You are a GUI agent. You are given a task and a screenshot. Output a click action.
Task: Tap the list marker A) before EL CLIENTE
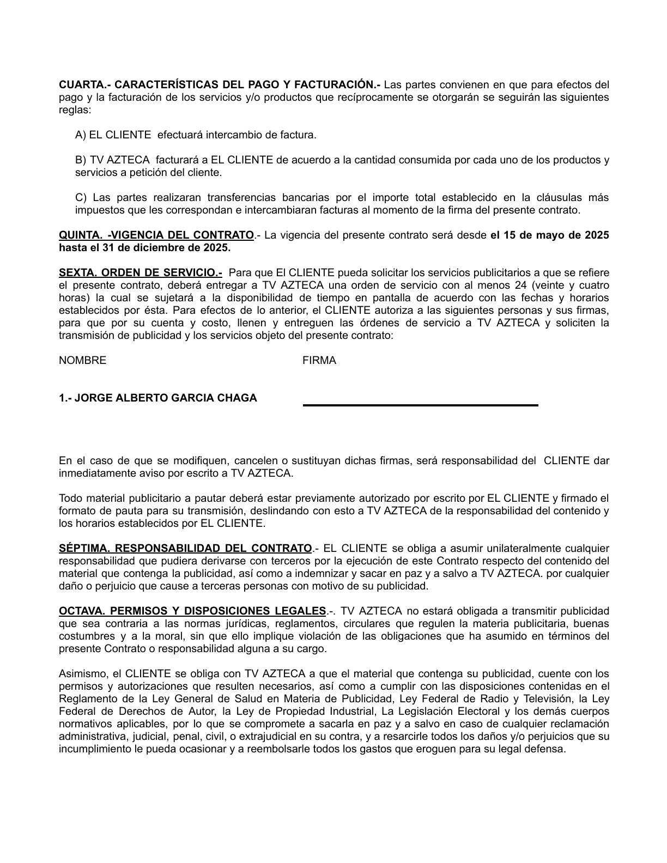81,135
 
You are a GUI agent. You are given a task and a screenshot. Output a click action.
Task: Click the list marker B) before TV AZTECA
81,160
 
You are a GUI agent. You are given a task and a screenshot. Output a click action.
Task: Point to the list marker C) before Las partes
81,197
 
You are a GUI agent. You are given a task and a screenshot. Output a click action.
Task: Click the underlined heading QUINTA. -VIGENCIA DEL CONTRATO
156,235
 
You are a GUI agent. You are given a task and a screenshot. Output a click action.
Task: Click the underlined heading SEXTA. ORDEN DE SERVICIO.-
140,273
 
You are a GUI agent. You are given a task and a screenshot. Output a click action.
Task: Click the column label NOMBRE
82,361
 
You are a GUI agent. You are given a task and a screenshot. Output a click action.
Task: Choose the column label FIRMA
319,361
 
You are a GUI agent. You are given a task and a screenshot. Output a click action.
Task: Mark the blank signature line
420,405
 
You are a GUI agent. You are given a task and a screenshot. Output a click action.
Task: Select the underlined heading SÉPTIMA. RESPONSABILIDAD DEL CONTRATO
185,549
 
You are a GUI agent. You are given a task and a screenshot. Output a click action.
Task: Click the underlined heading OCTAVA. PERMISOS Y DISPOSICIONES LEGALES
192,611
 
